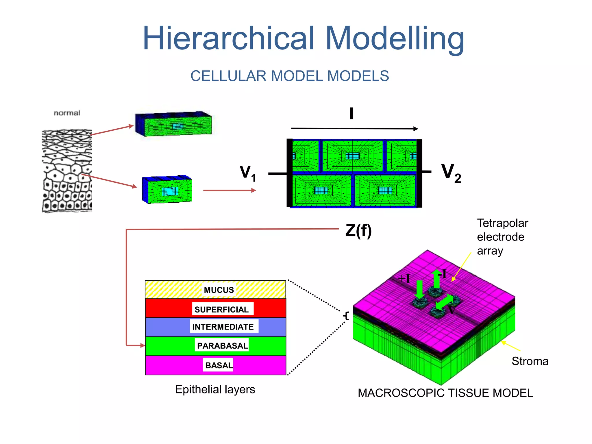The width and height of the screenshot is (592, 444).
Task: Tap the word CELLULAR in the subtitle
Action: [x=228, y=76]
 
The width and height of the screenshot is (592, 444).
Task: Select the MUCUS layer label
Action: [x=219, y=290]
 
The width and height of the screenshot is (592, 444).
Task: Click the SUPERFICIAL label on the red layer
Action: [x=221, y=309]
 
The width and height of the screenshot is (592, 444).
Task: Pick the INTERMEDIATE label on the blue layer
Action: [x=223, y=327]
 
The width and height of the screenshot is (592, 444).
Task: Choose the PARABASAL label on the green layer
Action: [x=222, y=345]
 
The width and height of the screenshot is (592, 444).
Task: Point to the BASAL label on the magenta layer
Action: [x=219, y=365]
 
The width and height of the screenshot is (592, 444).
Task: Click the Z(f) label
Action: [x=358, y=231]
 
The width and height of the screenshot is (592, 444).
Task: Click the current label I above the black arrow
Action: [x=351, y=113]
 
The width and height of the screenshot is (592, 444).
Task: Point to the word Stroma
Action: [x=530, y=361]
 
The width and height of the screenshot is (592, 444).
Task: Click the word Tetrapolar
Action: [x=502, y=223]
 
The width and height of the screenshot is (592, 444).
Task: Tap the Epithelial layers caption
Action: [x=215, y=389]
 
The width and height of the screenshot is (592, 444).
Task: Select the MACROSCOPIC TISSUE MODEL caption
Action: [x=445, y=393]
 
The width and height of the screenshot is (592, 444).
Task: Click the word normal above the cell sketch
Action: [x=67, y=113]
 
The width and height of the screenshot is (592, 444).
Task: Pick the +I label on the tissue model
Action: [x=404, y=279]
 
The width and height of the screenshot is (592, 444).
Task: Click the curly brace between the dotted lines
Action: [x=346, y=315]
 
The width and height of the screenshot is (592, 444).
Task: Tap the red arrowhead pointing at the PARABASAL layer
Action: [x=142, y=345]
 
